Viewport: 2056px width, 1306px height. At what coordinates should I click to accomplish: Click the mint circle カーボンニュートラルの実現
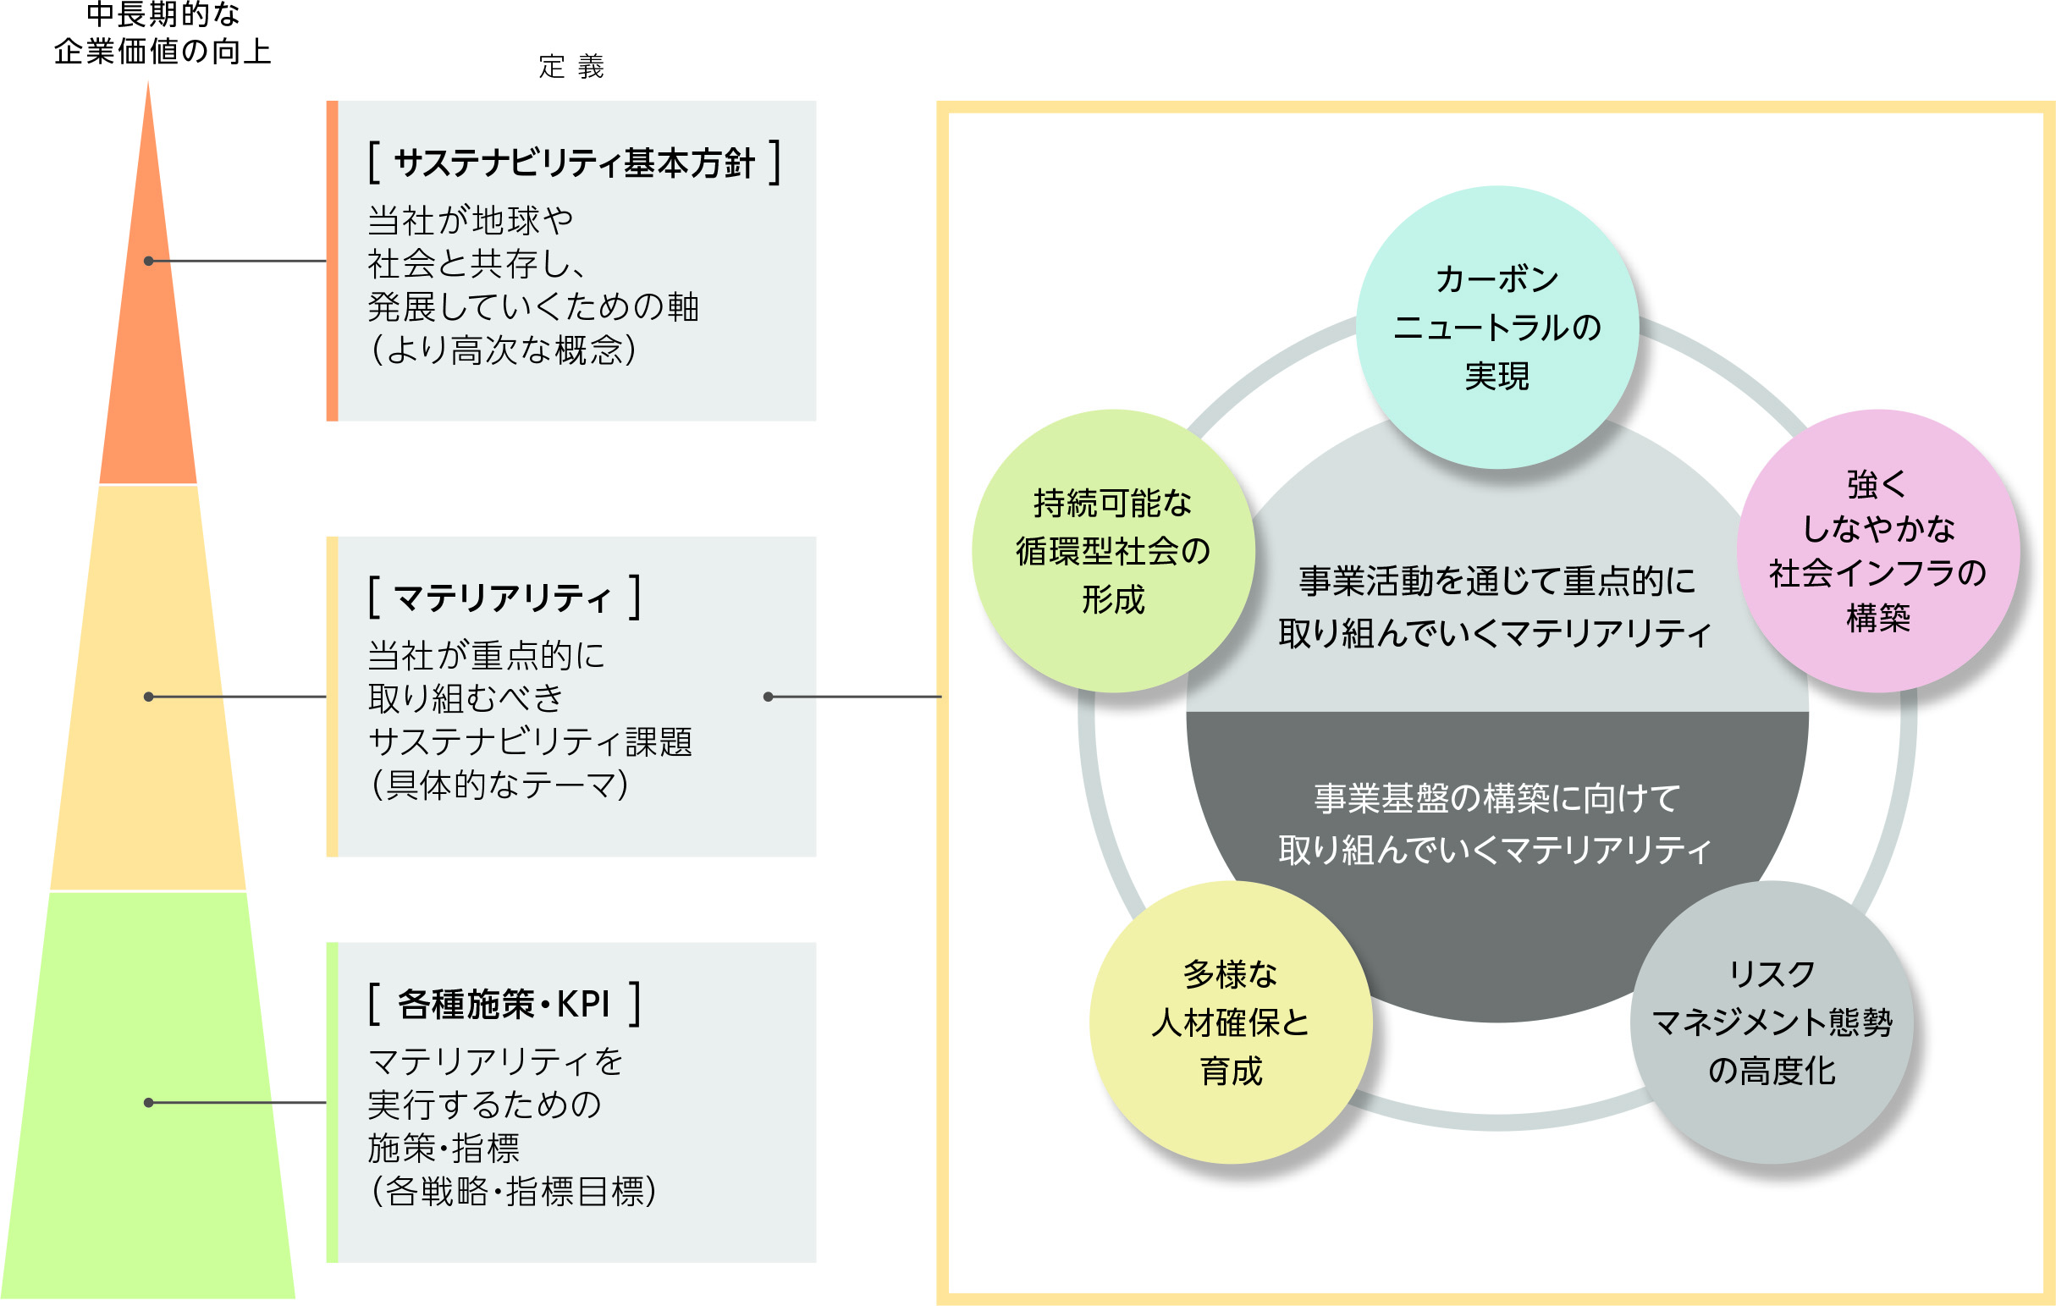pyautogui.click(x=1497, y=327)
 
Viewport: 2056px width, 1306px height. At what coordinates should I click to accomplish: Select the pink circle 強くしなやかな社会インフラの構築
pyautogui.click(x=1877, y=550)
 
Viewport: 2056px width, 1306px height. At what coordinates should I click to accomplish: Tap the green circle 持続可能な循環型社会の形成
pyautogui.click(x=1112, y=550)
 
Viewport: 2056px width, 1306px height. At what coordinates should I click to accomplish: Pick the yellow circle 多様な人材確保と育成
pyautogui.click(x=1231, y=1022)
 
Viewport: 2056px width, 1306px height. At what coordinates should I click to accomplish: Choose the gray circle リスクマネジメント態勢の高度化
pyautogui.click(x=1772, y=1022)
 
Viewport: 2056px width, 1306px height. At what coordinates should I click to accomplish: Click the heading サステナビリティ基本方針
pyautogui.click(x=575, y=163)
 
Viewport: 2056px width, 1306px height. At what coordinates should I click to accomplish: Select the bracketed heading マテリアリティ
pyautogui.click(x=503, y=598)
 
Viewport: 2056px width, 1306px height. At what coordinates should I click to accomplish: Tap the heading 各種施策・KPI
pyautogui.click(x=504, y=1004)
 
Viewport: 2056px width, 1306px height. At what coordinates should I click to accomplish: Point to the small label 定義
pyautogui.click(x=571, y=67)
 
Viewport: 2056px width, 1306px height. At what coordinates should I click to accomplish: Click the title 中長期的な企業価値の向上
pyautogui.click(x=163, y=34)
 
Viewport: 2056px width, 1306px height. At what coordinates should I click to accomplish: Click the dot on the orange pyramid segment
pyautogui.click(x=149, y=261)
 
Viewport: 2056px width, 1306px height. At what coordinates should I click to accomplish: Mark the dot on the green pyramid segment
pyautogui.click(x=149, y=1102)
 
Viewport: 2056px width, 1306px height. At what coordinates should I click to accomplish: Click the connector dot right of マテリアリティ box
pyautogui.click(x=768, y=697)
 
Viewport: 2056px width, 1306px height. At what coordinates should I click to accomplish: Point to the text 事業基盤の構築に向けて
pyautogui.click(x=1497, y=799)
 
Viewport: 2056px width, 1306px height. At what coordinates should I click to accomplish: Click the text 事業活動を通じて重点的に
pyautogui.click(x=1497, y=581)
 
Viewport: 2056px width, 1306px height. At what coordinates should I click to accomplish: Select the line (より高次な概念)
pyautogui.click(x=503, y=350)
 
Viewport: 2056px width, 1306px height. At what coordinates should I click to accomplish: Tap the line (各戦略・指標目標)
pyautogui.click(x=513, y=1192)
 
